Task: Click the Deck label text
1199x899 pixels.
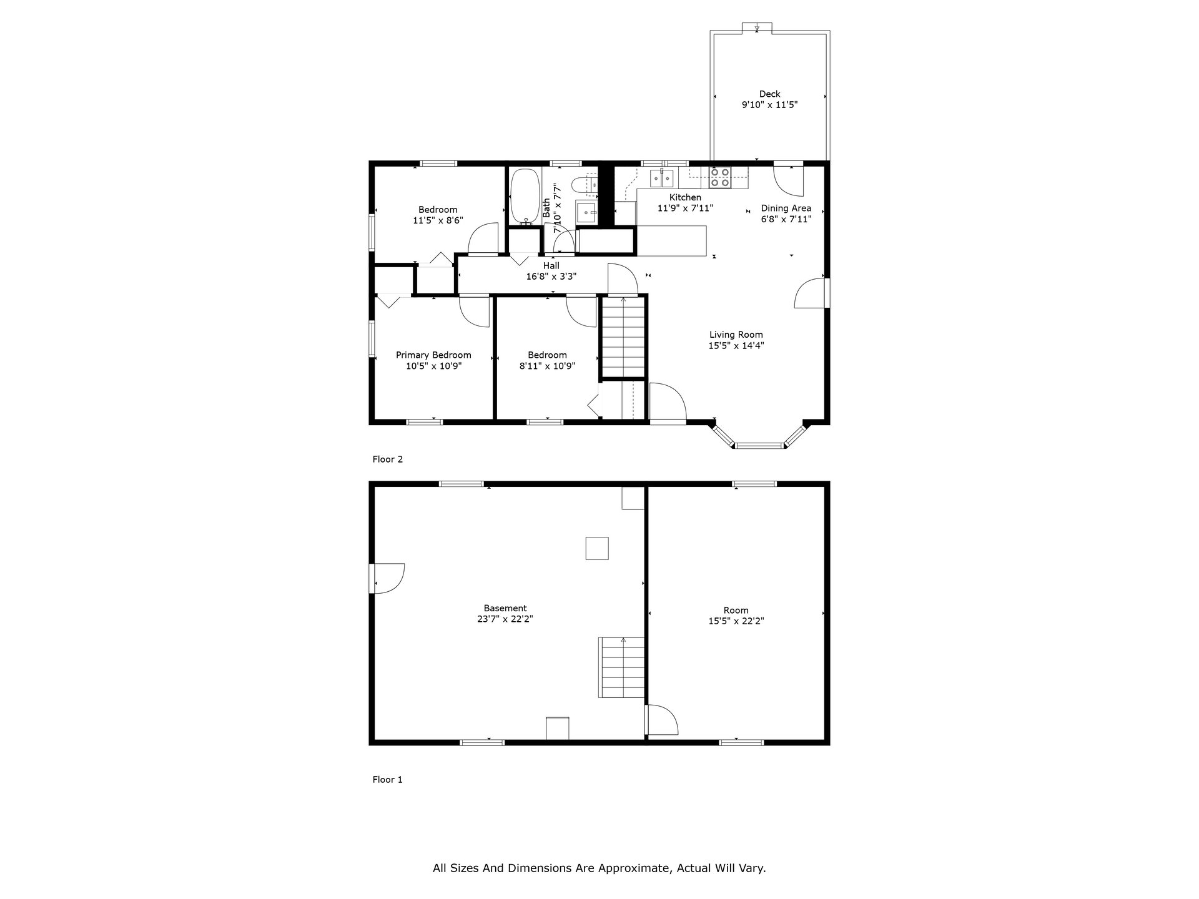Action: pyautogui.click(x=769, y=94)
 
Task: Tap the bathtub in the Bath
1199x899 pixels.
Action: pyautogui.click(x=525, y=196)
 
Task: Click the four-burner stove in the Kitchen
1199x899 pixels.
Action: pyautogui.click(x=720, y=177)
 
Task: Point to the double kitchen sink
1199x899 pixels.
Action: pyautogui.click(x=661, y=179)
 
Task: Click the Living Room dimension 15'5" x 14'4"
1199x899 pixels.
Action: pyautogui.click(x=736, y=345)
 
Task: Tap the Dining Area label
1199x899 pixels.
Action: pyautogui.click(x=786, y=209)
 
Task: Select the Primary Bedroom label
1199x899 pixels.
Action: pyautogui.click(x=433, y=355)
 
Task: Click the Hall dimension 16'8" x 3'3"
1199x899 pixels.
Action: pyautogui.click(x=551, y=277)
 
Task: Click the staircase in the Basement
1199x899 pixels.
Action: pyautogui.click(x=621, y=667)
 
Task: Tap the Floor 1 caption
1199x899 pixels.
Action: pyautogui.click(x=388, y=780)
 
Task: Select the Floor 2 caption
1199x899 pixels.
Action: pyautogui.click(x=388, y=459)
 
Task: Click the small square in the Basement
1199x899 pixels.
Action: pyautogui.click(x=596, y=548)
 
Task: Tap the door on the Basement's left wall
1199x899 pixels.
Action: pyautogui.click(x=387, y=578)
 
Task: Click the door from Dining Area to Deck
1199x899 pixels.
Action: pyautogui.click(x=789, y=180)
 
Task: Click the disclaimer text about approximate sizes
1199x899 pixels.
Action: pyautogui.click(x=599, y=868)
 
